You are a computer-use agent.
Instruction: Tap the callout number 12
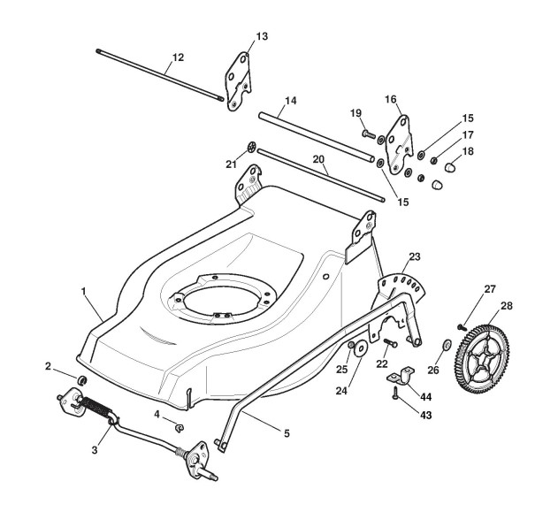(x=178, y=57)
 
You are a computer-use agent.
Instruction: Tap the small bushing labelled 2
(x=81, y=379)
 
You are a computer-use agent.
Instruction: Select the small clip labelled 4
(x=179, y=428)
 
